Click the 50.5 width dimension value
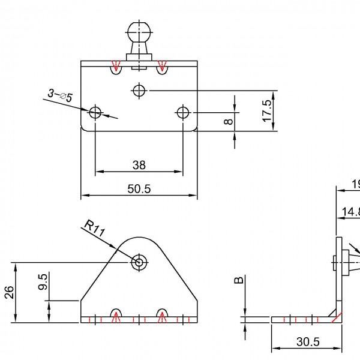pos(139,188)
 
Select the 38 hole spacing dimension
pos(139,164)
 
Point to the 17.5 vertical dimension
pos(267,110)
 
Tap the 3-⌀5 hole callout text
pos(60,95)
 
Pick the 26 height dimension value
pos(9,292)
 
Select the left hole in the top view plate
pos(95,112)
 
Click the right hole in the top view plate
pos(182,112)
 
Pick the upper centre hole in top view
pos(139,91)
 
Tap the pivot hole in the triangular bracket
pos(139,262)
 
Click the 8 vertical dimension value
pos(227,122)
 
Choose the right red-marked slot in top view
pos(161,68)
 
